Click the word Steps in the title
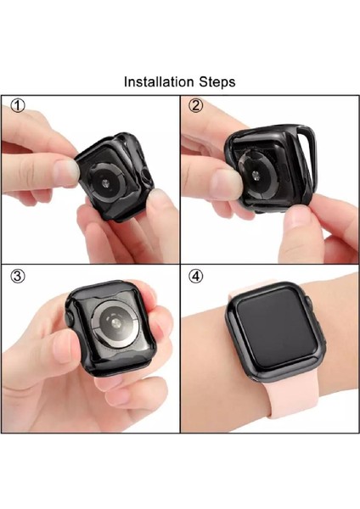[x=216, y=82]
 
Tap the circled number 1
[x=17, y=105]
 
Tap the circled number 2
[x=196, y=105]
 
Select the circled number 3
[x=17, y=276]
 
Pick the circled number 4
[x=196, y=276]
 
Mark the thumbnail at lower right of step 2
[x=299, y=222]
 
